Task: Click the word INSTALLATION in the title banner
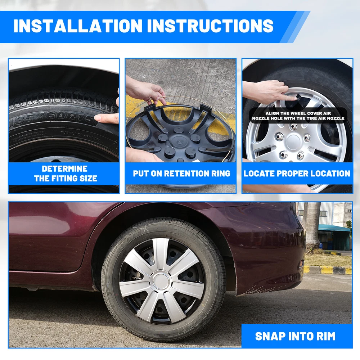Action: [x=78, y=26]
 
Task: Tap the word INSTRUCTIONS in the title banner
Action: [x=210, y=26]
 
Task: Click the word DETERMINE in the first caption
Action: [x=64, y=169]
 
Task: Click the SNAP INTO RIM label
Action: [x=295, y=336]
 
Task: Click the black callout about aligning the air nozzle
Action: [x=298, y=116]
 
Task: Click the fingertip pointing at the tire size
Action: [x=98, y=118]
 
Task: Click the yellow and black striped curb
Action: [x=328, y=270]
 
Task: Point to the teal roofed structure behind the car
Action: [x=335, y=237]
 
